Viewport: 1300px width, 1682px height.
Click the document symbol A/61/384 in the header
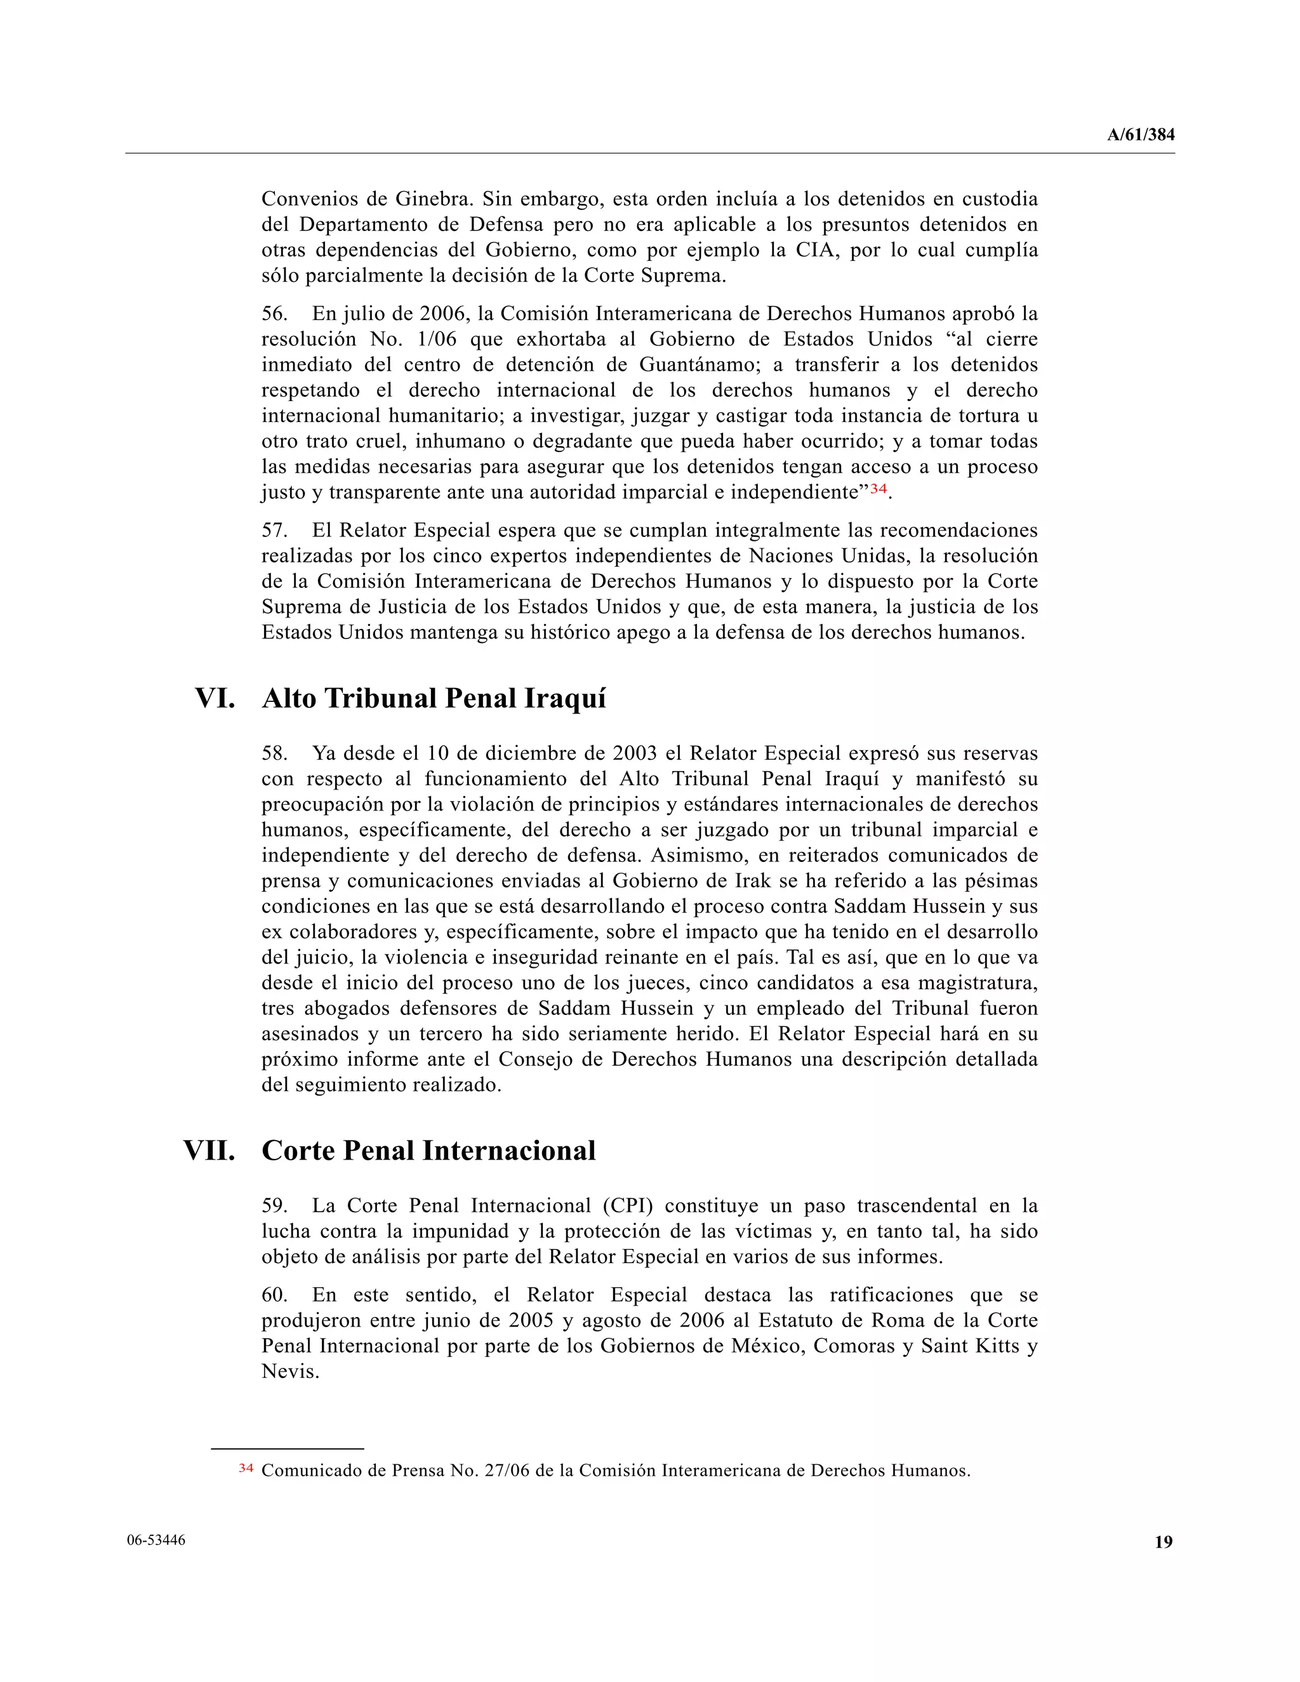coord(1141,135)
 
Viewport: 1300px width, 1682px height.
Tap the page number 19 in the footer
coord(1163,1542)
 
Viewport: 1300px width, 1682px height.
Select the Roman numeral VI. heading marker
coord(215,699)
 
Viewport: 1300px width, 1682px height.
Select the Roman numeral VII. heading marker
coord(209,1151)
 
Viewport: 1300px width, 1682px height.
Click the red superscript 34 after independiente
coord(879,488)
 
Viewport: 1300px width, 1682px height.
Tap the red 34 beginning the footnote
coord(246,1469)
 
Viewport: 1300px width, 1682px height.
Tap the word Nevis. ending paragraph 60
coord(290,1372)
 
